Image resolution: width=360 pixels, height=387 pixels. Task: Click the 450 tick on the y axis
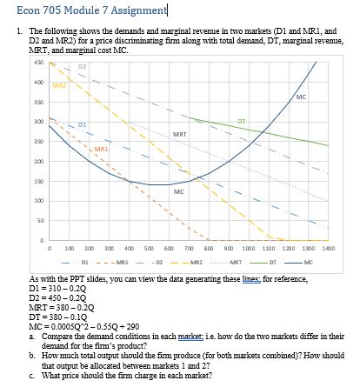coord(14,62)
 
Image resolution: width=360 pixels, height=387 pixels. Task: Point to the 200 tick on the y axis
coord(14,162)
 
